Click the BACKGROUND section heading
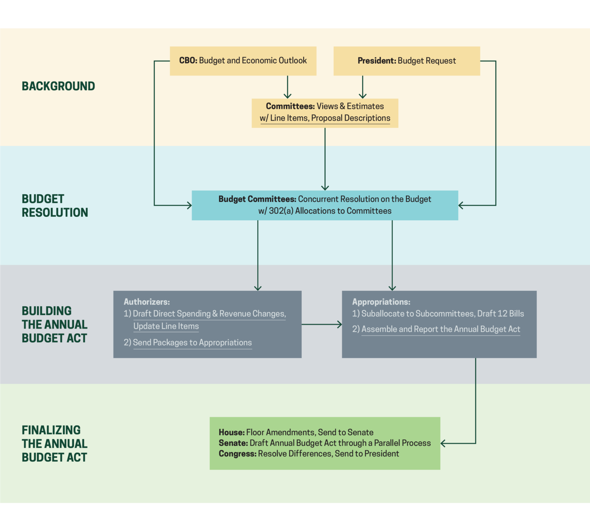(58, 86)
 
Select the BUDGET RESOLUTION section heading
(55, 206)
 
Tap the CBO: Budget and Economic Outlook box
(243, 61)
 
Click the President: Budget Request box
(406, 61)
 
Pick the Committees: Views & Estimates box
(325, 113)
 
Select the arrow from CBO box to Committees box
(287, 87)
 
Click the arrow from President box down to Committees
(362, 87)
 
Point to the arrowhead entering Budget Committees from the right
(461, 205)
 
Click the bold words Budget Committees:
(257, 199)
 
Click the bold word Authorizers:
(146, 302)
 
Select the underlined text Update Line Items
(166, 326)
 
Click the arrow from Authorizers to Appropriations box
(322, 324)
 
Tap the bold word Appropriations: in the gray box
(381, 302)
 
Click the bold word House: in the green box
(231, 433)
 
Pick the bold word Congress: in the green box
(237, 454)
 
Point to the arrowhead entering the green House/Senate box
(443, 444)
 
